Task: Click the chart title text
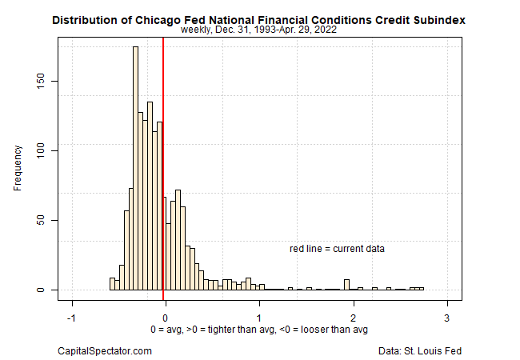259,18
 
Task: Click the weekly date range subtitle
258,30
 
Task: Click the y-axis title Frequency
18,167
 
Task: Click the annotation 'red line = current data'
337,249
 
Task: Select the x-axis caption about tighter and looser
259,330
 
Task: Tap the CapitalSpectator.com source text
105,350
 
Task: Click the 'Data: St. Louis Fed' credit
421,350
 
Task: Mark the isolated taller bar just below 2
346,285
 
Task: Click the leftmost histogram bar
112,284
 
